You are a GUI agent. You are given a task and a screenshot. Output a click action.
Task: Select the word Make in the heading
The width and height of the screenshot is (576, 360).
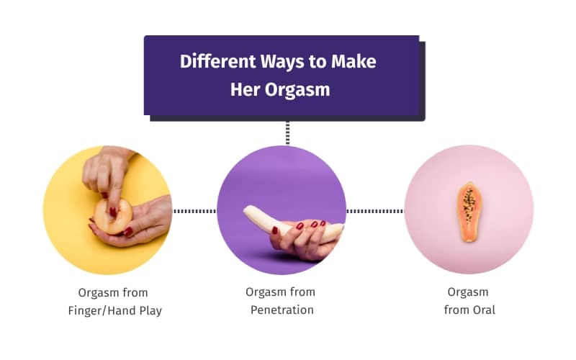pyautogui.click(x=354, y=61)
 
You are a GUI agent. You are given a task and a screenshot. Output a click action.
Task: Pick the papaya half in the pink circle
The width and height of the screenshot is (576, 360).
pyautogui.click(x=469, y=210)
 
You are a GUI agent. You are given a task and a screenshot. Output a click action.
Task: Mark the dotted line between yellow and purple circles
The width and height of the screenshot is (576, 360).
pyautogui.click(x=194, y=211)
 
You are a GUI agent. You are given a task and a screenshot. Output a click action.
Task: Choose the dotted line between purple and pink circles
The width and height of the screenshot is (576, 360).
pyautogui.click(x=374, y=211)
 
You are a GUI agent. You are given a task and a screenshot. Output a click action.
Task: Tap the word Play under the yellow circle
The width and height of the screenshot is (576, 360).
pyautogui.click(x=150, y=310)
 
